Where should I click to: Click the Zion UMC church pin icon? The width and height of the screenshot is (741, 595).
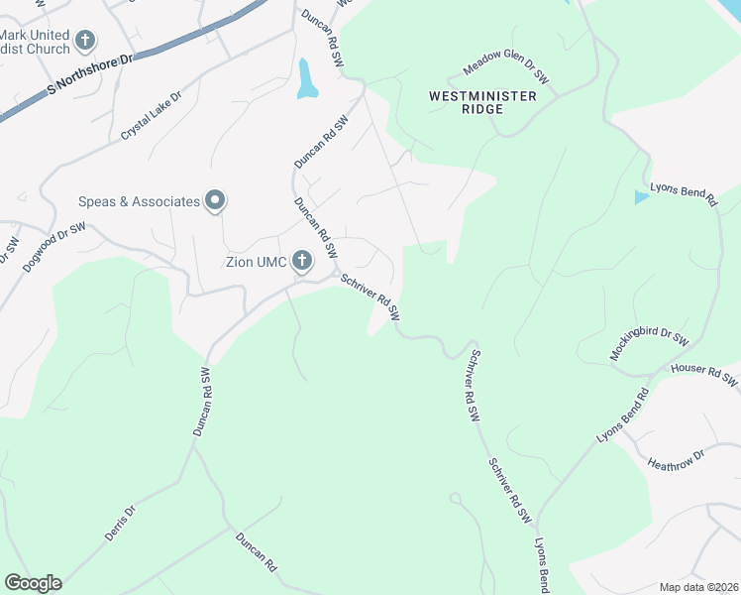tap(301, 262)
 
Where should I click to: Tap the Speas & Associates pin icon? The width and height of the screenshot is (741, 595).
tap(215, 201)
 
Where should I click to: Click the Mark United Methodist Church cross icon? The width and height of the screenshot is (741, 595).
tap(86, 41)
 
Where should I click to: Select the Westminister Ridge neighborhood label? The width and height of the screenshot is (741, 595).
tap(482, 102)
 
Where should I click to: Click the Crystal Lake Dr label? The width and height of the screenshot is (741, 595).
tap(153, 115)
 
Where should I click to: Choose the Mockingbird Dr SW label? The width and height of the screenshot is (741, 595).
tap(649, 347)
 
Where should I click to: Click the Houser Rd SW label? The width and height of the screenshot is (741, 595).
tap(705, 373)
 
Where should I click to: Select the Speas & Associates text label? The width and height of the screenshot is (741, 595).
tap(139, 202)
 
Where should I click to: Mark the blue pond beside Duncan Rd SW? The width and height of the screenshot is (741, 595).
tap(306, 79)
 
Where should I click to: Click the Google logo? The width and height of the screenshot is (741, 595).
tap(33, 583)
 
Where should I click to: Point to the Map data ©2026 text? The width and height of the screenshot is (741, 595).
tap(698, 587)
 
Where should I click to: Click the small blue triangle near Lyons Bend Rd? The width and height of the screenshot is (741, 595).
tap(642, 197)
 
